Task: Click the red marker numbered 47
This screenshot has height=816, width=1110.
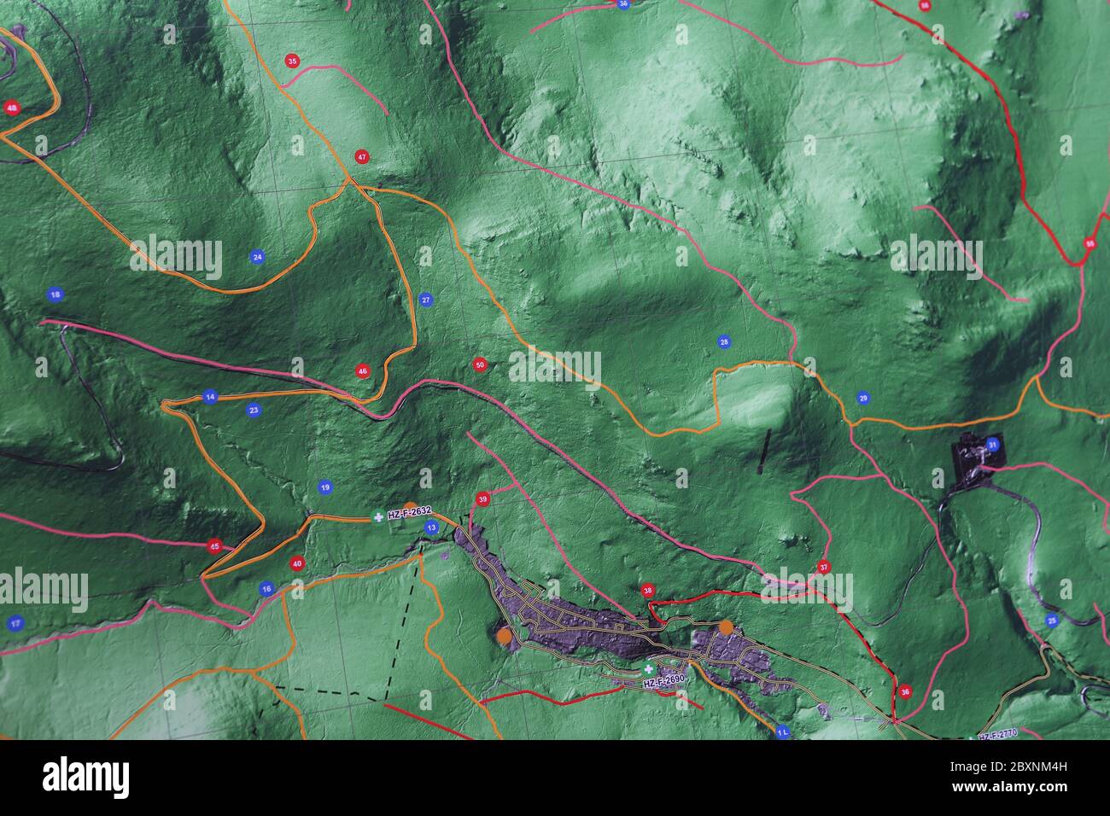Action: coord(363,157)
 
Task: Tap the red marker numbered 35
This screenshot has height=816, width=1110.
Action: coord(293,61)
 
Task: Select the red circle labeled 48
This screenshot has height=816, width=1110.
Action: coord(12,108)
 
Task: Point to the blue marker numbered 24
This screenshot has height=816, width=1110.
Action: coord(257,256)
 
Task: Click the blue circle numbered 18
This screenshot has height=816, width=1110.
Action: coord(55,294)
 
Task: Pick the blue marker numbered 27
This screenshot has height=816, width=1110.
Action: coord(426,300)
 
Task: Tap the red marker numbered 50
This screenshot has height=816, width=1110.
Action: coord(479,365)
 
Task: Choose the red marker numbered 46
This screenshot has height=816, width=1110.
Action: coord(363,371)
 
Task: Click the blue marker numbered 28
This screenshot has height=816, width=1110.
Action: coord(724,342)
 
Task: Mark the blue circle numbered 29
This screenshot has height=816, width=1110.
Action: coord(863,399)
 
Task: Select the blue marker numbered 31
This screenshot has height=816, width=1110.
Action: coord(992,445)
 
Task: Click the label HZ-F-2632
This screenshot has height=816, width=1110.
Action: coord(410,513)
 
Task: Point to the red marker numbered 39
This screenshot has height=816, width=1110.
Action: coord(483,499)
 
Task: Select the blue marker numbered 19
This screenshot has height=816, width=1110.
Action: coord(324,488)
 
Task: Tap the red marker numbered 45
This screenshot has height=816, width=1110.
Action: coord(214,546)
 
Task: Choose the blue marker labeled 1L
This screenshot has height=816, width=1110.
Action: coord(783,732)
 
